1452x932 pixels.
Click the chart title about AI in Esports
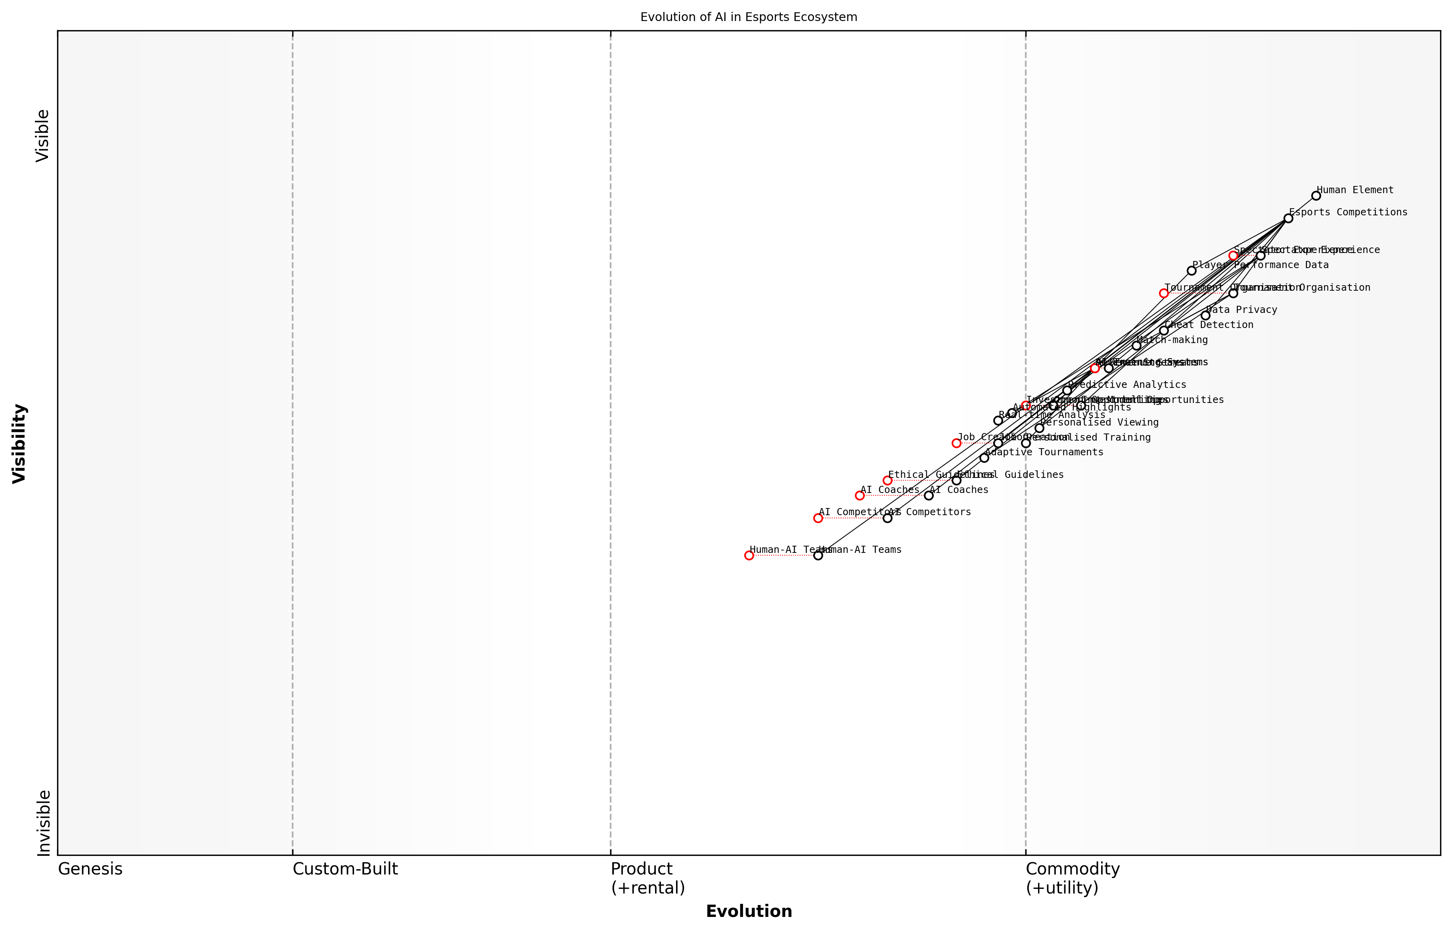[x=748, y=17]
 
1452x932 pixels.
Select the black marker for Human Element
[x=1316, y=196]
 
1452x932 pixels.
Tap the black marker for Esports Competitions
[x=1288, y=218]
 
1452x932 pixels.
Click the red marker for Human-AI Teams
[x=749, y=555]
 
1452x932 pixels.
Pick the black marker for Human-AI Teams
[x=818, y=555]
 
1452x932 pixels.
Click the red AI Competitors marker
[x=818, y=518]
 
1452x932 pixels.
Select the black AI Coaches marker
[x=929, y=496]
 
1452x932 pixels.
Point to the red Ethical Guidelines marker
[x=887, y=481]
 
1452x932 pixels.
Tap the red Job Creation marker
[x=956, y=443]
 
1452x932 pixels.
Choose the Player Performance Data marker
[x=1191, y=270]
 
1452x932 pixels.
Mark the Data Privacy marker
[x=1205, y=315]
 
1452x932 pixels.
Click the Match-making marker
[x=1136, y=345]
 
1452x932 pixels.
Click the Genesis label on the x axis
[x=90, y=869]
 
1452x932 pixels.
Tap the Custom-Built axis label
[x=345, y=869]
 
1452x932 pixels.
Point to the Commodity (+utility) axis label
[x=1072, y=878]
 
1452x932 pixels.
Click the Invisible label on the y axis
[x=43, y=823]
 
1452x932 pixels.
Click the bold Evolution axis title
[x=748, y=911]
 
